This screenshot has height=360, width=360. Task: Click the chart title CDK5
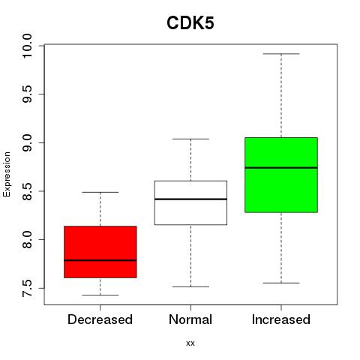[190, 23]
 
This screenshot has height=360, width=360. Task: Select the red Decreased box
[100, 252]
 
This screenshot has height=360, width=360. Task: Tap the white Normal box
[190, 202]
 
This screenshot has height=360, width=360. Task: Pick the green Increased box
[281, 175]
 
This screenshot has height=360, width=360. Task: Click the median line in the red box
[100, 260]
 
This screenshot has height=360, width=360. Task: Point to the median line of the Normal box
[190, 199]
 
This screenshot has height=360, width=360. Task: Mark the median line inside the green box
[281, 168]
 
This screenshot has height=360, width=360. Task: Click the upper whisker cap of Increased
[281, 54]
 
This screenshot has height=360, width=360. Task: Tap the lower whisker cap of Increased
[281, 283]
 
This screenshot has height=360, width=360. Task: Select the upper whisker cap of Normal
[190, 139]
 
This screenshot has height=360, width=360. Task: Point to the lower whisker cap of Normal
[190, 286]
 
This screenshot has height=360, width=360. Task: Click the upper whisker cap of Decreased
[100, 192]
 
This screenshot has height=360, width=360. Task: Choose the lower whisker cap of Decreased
[100, 295]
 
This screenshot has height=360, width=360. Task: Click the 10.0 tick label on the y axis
[27, 46]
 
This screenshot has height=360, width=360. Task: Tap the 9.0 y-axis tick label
[27, 142]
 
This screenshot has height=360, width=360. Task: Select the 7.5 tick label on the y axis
[27, 288]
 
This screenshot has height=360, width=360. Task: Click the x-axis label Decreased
[100, 319]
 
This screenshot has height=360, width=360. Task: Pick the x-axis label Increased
[281, 319]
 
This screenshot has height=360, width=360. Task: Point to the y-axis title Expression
[7, 174]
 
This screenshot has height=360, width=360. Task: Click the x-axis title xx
[190, 343]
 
